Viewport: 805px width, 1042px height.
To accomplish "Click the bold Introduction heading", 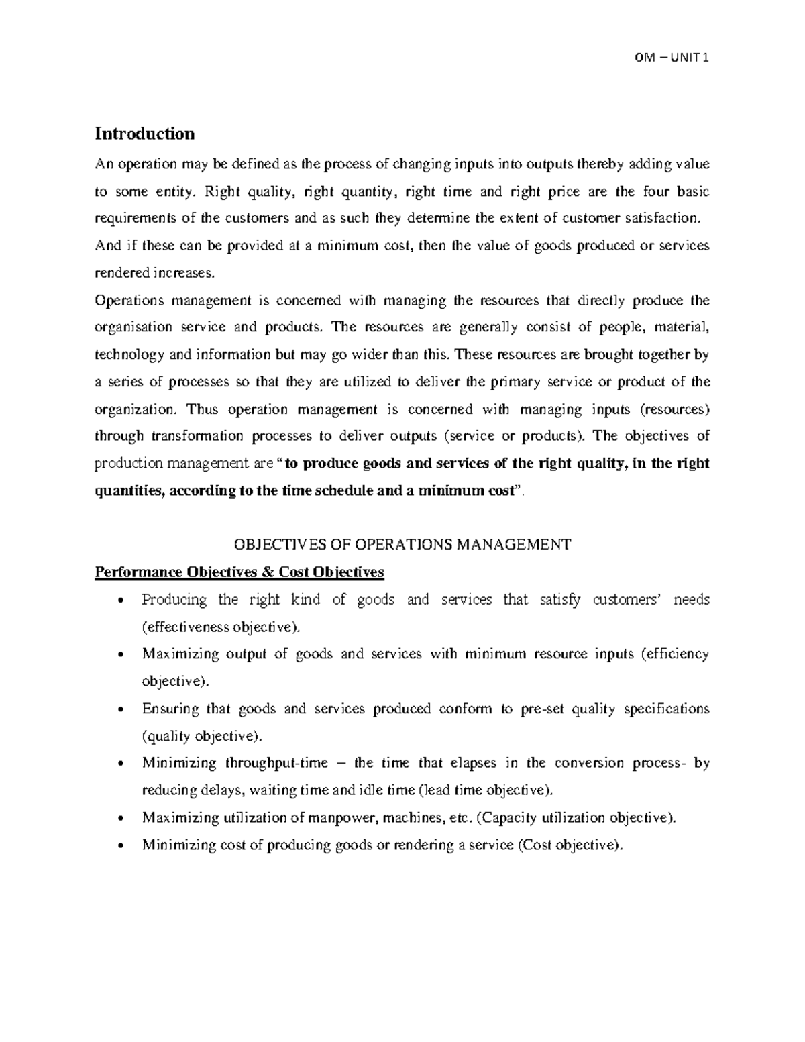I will (x=144, y=134).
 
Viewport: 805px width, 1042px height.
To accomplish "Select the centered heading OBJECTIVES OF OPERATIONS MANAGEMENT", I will (x=402, y=544).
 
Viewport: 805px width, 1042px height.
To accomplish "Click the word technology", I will (x=128, y=354).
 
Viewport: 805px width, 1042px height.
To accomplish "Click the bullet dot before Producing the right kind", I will (x=119, y=601).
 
